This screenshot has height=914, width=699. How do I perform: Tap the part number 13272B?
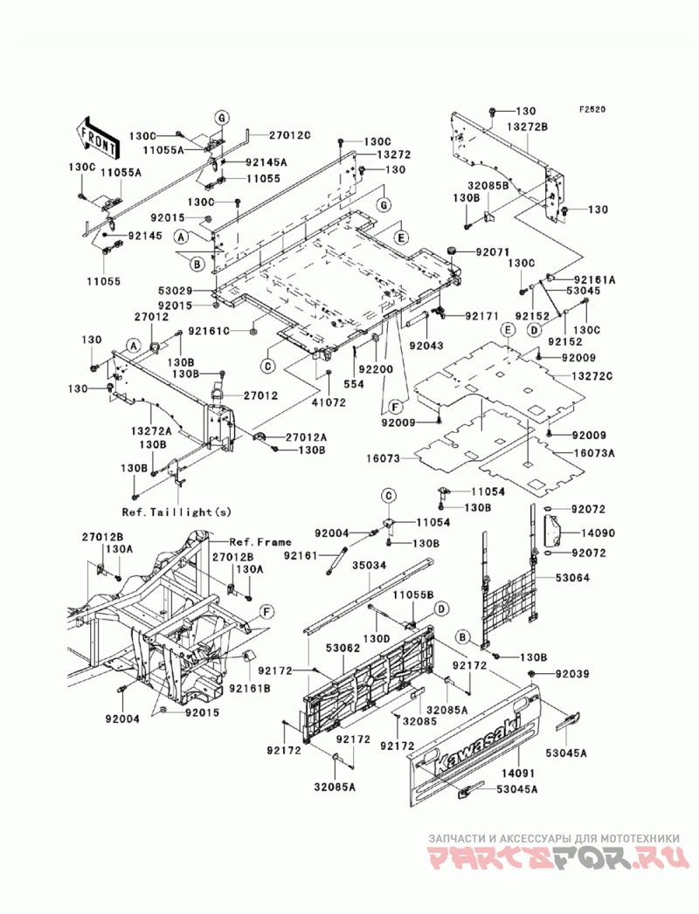(527, 127)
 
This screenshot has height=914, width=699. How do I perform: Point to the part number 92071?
(493, 251)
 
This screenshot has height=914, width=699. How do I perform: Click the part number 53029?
(175, 289)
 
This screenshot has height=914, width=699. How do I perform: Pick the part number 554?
(354, 385)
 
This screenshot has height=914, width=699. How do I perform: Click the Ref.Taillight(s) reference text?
(176, 512)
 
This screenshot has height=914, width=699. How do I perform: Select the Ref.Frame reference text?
(260, 542)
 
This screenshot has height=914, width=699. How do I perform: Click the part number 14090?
(598, 533)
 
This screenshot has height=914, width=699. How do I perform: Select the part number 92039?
(572, 674)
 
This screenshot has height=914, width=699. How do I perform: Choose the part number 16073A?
(593, 452)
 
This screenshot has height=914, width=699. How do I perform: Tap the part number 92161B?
(250, 689)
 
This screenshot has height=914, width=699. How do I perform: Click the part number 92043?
(426, 346)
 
